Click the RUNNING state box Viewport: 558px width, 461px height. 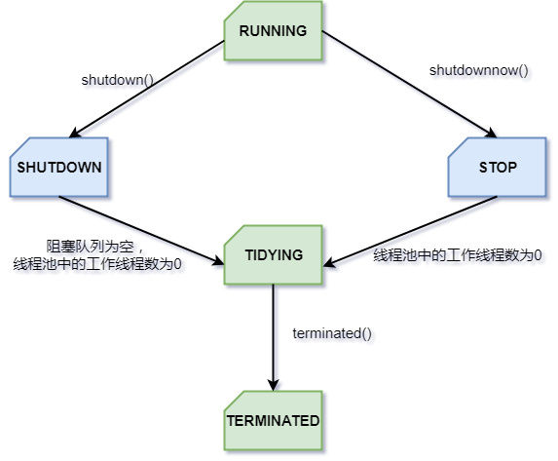pos(274,30)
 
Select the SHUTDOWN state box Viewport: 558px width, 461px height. pos(59,167)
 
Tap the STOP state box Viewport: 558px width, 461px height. pos(498,167)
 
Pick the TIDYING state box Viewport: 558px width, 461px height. pos(274,254)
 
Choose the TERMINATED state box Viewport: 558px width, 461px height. pos(274,420)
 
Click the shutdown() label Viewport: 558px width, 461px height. pos(118,80)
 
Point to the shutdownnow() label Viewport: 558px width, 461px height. pos(479,70)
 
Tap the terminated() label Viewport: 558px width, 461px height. pos(332,333)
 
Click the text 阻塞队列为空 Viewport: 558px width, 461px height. pos(90,247)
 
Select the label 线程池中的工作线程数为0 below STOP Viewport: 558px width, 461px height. pos(458,255)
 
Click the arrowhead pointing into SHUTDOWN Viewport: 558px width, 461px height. pos(74,134)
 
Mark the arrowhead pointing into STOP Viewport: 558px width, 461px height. pos(492,134)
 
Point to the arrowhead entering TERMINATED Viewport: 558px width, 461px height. pos(274,385)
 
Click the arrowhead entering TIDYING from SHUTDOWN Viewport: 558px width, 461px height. pos(218,261)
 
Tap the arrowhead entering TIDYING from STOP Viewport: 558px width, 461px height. pos(329,263)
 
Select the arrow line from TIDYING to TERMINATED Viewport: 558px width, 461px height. pos(274,337)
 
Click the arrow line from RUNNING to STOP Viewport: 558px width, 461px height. pos(410,85)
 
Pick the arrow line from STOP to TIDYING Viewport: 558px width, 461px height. pos(410,231)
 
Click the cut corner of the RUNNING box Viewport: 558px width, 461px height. pos(232,11)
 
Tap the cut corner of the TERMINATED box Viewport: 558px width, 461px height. pos(232,400)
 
